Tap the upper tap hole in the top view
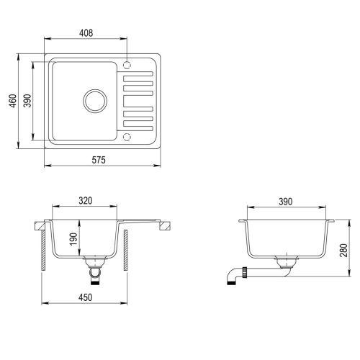pos(128,63)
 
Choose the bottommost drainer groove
pos(139,122)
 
